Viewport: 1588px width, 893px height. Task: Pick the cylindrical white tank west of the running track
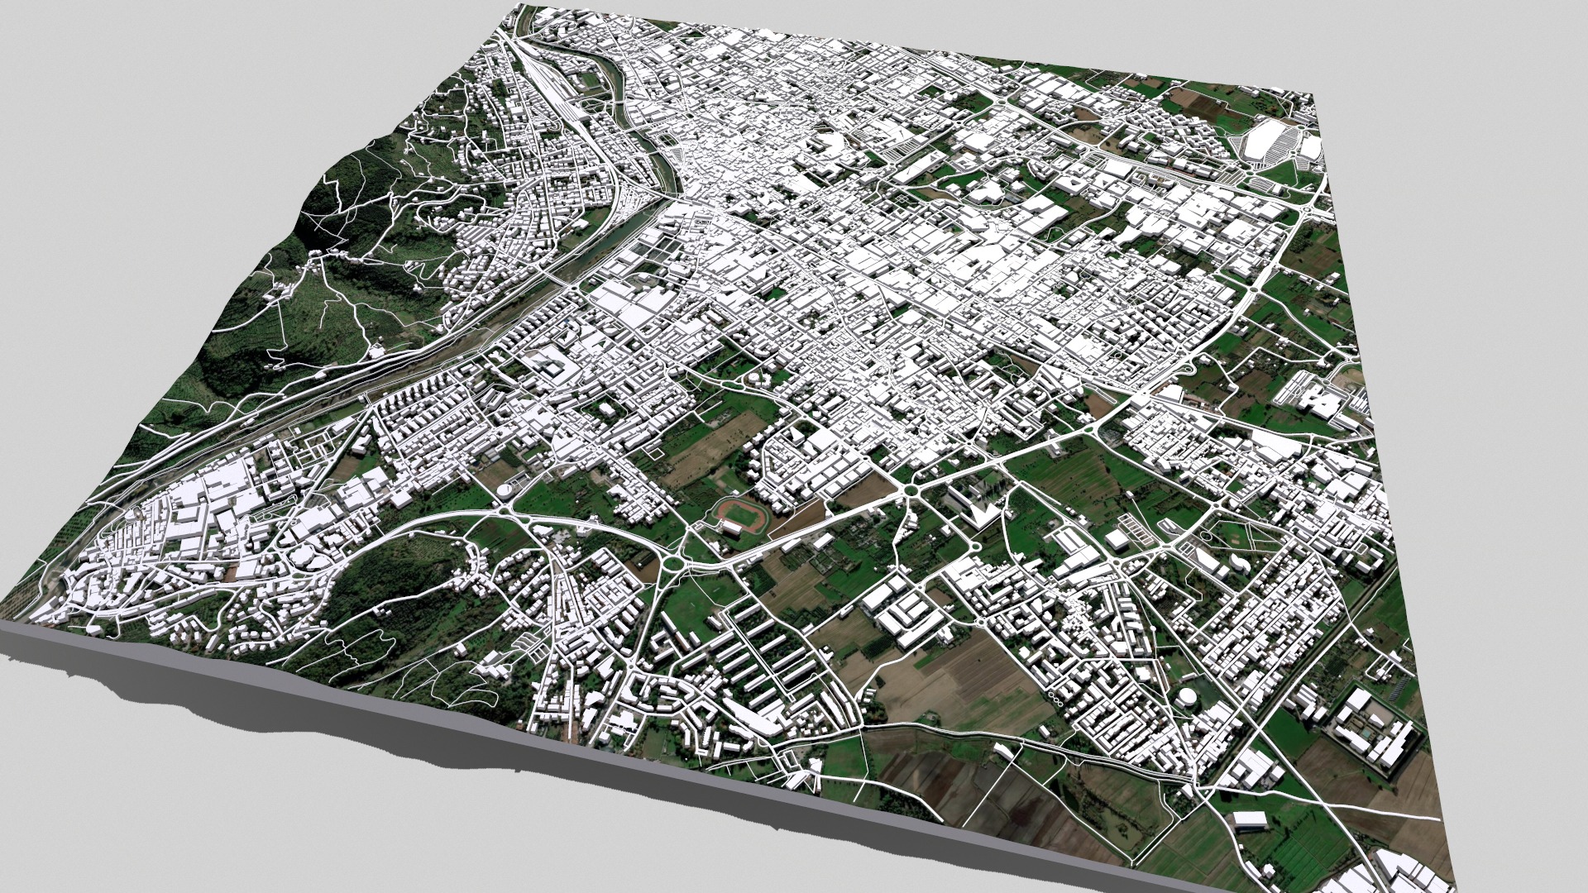[504, 491]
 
